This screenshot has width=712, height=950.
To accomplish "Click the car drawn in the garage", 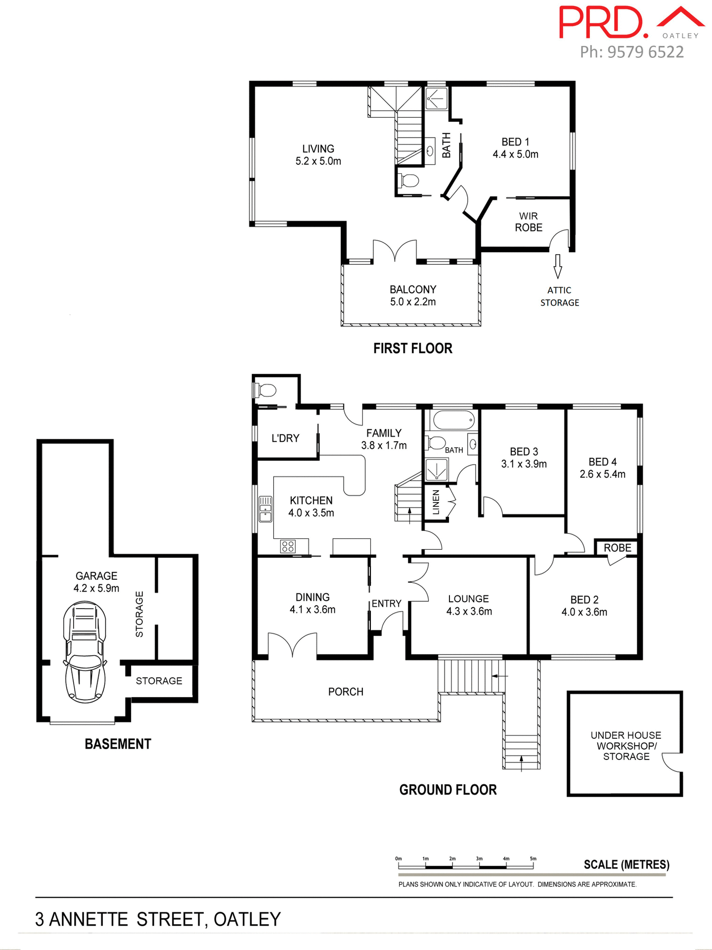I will click(85, 652).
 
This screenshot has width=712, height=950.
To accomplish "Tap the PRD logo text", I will click(603, 23).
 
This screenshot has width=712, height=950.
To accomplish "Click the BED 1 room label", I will click(515, 148).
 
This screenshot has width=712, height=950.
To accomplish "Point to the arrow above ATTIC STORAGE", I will click(558, 266).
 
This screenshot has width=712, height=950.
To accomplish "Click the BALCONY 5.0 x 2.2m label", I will click(413, 295).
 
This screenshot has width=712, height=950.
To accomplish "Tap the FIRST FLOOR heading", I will click(412, 348).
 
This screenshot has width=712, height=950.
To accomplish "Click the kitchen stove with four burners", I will click(288, 546).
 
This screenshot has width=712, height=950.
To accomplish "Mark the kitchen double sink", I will click(266, 509).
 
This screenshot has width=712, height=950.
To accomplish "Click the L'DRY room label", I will click(285, 438).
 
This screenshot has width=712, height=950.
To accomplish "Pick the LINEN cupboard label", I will click(436, 502).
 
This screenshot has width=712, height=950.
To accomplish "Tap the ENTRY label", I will click(386, 604).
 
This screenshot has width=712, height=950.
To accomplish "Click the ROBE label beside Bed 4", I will click(617, 548).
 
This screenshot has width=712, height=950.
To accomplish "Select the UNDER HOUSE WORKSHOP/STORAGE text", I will click(625, 746).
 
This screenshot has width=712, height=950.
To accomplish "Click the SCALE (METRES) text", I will click(626, 864).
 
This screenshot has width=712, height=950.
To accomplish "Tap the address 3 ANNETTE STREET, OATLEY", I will click(158, 919).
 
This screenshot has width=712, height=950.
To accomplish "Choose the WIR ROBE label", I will click(528, 222).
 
